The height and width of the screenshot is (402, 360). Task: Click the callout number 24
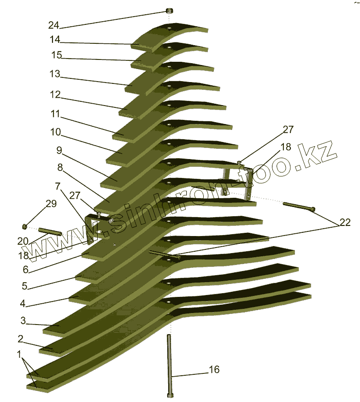tap(53, 24)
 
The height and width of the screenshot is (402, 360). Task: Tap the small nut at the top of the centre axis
tap(169, 11)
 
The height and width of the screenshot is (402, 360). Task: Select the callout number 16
tap(214, 369)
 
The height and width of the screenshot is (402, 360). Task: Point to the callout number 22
tap(345, 223)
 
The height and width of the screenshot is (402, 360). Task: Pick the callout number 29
tap(51, 204)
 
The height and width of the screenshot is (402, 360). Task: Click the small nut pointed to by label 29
tap(25, 226)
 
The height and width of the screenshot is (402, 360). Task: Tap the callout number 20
tap(23, 240)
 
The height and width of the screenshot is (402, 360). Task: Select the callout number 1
tap(19, 355)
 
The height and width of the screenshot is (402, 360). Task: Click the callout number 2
tap(20, 339)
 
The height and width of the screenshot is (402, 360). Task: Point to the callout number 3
tap(23, 320)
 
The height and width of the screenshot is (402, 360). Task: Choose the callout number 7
tap(57, 186)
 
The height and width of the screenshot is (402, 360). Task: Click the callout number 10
tap(55, 132)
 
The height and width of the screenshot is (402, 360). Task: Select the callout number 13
tap(54, 74)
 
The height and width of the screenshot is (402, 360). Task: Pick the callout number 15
tap(56, 55)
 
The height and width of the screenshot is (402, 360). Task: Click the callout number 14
tap(55, 40)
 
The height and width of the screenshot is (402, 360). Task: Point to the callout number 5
tap(24, 285)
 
